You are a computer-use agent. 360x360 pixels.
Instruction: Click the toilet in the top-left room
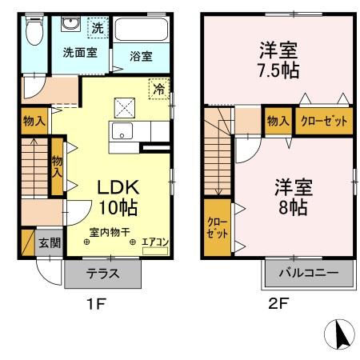click(x=34, y=33)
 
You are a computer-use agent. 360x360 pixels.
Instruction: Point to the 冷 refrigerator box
click(x=160, y=90)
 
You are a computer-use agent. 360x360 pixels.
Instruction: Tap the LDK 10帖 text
click(x=118, y=197)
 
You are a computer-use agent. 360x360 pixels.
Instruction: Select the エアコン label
click(x=154, y=241)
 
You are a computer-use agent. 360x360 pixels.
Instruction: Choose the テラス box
click(x=103, y=273)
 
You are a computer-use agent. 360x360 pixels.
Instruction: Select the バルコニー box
click(x=307, y=273)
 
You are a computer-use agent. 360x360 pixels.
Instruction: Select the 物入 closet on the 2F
click(x=278, y=121)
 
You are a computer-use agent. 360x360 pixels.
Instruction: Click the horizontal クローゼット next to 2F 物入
click(x=324, y=121)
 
